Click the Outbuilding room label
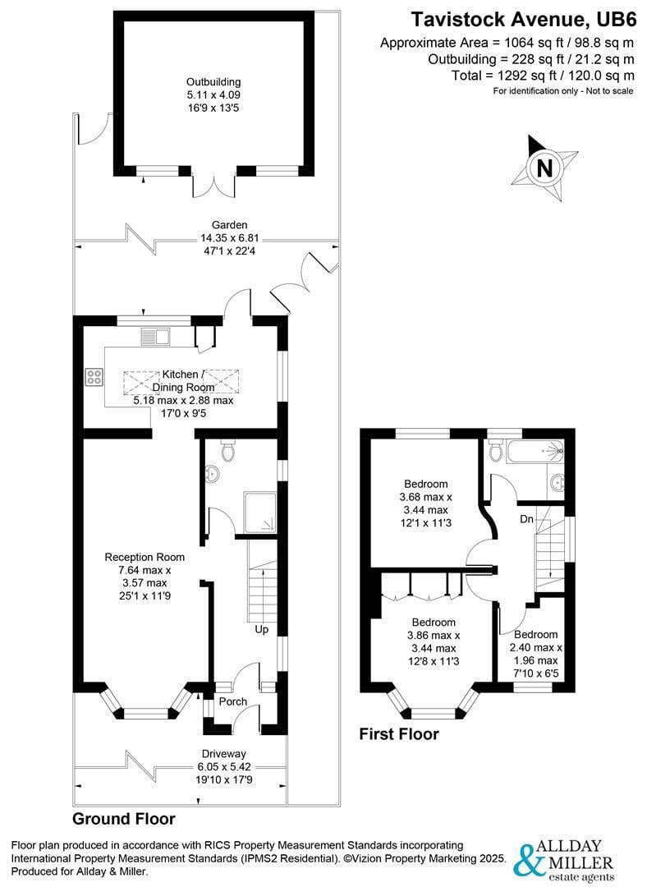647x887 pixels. point(213,81)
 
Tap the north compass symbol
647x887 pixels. point(543,168)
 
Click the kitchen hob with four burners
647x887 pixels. point(94,377)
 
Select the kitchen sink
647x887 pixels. point(154,335)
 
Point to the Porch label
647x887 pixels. point(232,701)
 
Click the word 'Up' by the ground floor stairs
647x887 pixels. point(261,630)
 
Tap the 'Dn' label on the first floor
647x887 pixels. point(527,519)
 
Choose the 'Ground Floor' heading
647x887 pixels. point(123,818)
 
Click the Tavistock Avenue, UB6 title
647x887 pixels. point(523,18)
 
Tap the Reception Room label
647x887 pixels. point(145,557)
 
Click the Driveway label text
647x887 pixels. point(224,753)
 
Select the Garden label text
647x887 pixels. point(229,224)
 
